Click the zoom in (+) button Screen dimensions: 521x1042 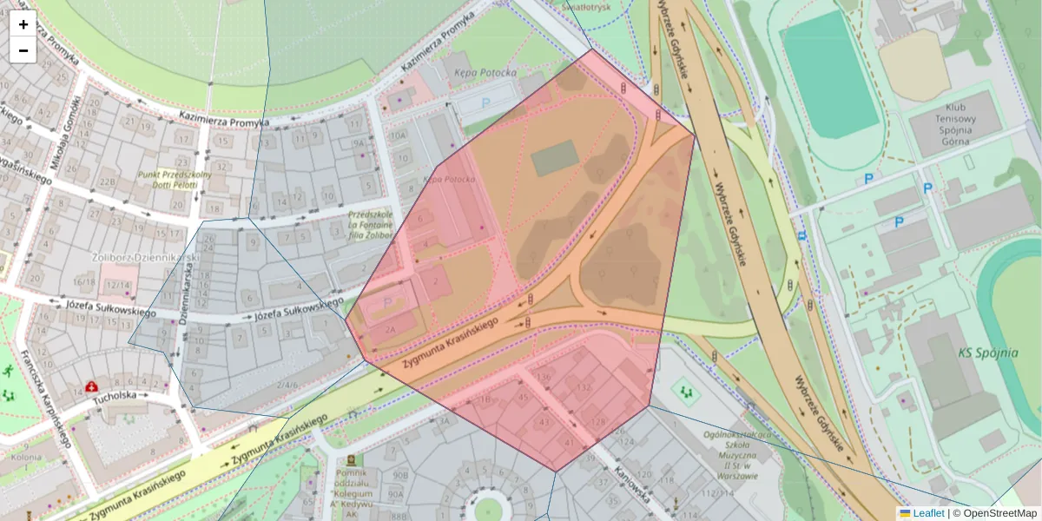23,24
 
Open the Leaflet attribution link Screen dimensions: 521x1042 927,513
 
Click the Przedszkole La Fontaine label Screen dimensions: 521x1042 370,223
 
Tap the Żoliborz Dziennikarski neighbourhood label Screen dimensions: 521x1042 146,258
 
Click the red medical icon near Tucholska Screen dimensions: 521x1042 91,386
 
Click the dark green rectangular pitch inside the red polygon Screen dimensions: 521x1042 554,158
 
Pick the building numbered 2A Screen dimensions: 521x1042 390,330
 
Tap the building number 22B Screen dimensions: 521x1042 107,181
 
